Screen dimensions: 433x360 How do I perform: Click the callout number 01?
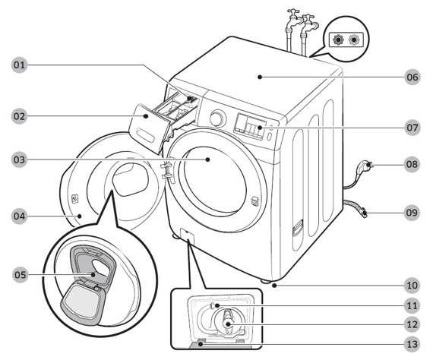[19, 65]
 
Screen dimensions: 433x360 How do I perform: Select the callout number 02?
[19, 116]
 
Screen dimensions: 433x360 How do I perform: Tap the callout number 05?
[21, 275]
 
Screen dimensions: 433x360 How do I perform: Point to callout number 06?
[412, 77]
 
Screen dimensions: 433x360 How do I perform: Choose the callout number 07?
[412, 128]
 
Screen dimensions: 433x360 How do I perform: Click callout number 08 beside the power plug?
[412, 164]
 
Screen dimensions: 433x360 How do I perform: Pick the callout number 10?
[412, 285]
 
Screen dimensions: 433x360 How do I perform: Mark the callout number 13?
[412, 344]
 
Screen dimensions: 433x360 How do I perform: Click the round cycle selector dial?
[217, 118]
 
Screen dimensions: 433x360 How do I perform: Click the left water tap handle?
[293, 12]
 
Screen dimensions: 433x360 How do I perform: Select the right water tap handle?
[308, 17]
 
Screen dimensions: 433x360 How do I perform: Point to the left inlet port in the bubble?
[338, 39]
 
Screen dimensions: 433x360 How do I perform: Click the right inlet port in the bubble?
[354, 39]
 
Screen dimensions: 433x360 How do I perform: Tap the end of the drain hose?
[364, 213]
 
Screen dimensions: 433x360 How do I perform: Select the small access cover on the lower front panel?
[187, 237]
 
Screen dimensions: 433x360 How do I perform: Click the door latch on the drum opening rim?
[254, 201]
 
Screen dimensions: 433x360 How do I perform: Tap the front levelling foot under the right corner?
[266, 282]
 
